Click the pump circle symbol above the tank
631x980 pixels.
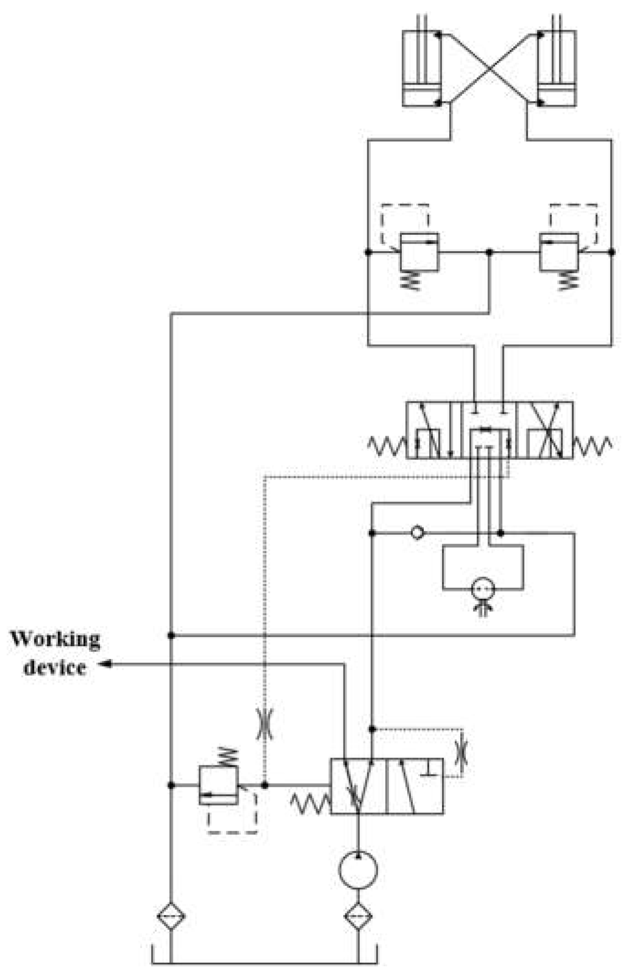(x=358, y=869)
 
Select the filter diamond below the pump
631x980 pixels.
(x=358, y=916)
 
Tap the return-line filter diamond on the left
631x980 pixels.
(x=171, y=916)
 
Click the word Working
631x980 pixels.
(x=55, y=639)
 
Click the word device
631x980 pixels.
(x=55, y=668)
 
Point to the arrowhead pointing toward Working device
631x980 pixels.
(x=106, y=664)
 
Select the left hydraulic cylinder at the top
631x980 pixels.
(x=421, y=68)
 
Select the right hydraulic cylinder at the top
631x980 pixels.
(x=557, y=68)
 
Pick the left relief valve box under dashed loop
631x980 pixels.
(x=419, y=252)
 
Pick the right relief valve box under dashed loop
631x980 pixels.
(x=559, y=252)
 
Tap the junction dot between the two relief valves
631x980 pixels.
(x=489, y=252)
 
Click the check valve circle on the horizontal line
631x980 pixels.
(x=417, y=532)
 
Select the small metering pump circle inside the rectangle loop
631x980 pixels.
(x=483, y=589)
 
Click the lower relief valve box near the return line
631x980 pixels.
(x=218, y=785)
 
